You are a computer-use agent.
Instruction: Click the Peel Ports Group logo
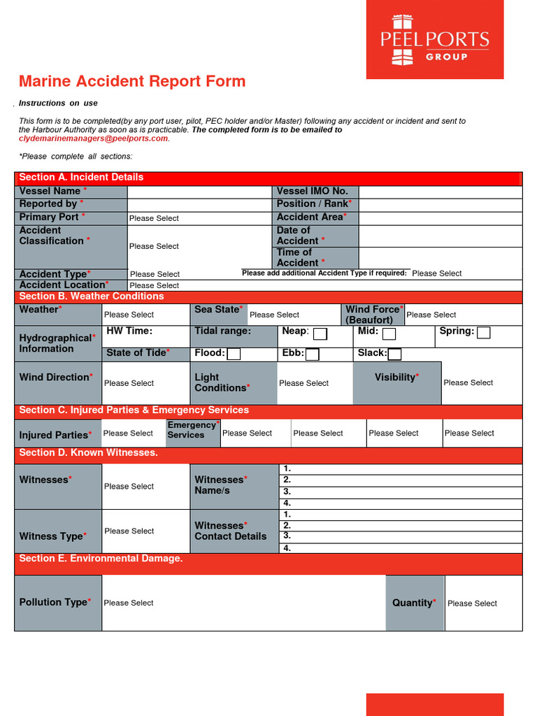tap(434, 40)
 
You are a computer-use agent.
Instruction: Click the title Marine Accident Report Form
tap(132, 81)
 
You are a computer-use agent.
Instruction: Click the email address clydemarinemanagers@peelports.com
tap(94, 138)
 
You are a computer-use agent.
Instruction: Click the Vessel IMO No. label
tap(312, 192)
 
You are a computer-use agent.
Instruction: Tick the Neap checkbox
tap(320, 334)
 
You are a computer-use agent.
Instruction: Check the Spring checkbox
tap(483, 333)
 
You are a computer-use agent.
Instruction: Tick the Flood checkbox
tap(234, 355)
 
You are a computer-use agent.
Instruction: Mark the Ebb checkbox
tap(313, 355)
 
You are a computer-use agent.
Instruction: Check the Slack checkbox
tap(394, 355)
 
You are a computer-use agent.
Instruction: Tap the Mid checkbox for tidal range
tap(389, 334)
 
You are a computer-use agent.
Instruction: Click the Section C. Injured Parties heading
tap(134, 410)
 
